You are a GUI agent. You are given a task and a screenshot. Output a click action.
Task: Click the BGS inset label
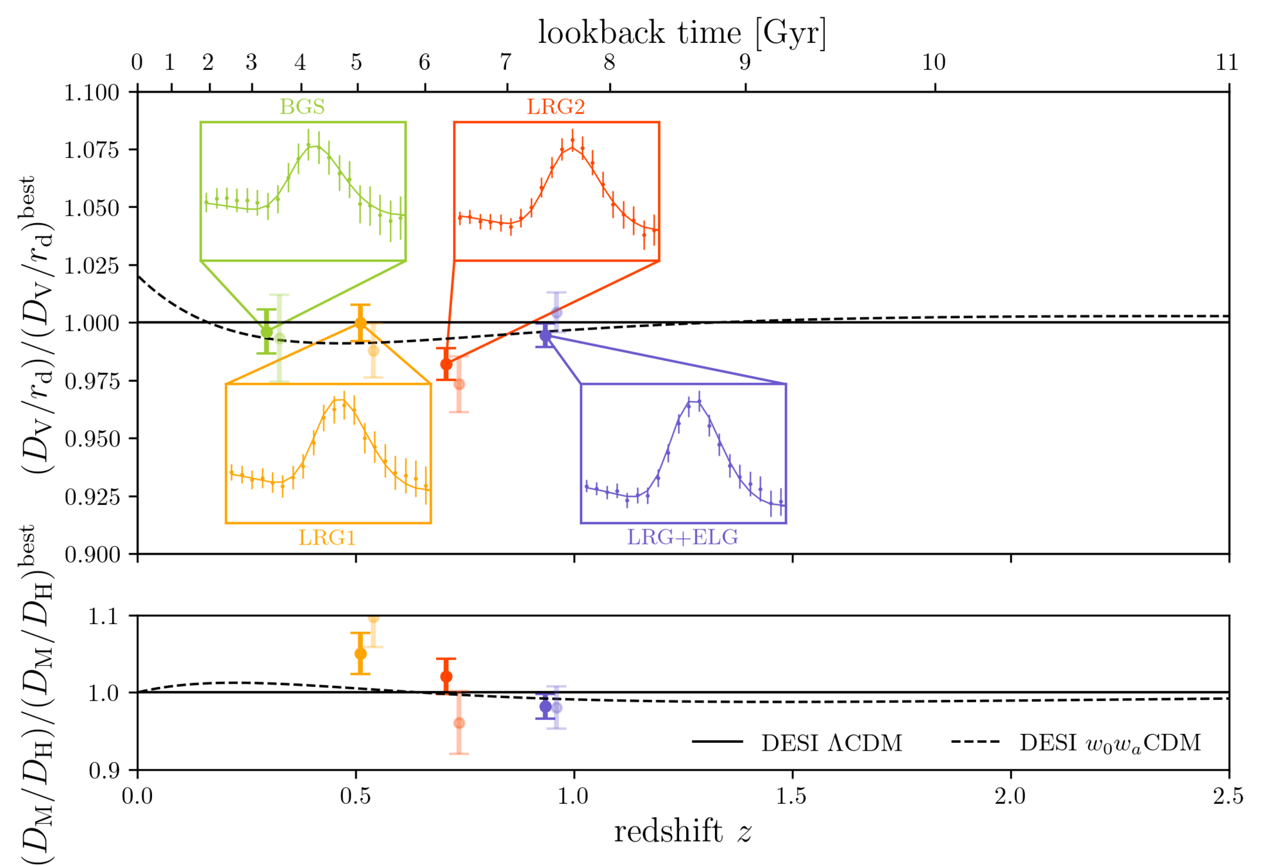(302, 106)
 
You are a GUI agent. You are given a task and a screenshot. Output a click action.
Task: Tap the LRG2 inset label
(556, 106)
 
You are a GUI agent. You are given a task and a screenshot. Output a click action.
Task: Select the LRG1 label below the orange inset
(327, 537)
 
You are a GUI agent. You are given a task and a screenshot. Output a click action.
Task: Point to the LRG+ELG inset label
(682, 537)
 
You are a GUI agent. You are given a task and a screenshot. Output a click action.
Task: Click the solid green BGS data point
(267, 332)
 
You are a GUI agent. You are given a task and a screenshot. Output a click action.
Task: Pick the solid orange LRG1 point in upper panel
(360, 323)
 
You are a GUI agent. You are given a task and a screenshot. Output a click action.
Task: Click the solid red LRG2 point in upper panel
(446, 364)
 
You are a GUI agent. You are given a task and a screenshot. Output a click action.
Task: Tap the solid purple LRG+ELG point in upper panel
(545, 335)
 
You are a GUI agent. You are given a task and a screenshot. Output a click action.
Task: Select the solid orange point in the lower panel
(360, 654)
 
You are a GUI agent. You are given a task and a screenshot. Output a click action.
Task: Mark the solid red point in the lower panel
(446, 677)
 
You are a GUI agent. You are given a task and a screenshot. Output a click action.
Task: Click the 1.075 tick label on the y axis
(92, 149)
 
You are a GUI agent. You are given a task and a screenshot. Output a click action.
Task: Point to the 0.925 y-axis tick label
(92, 497)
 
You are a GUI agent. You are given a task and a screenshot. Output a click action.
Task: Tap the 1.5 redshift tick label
(792, 796)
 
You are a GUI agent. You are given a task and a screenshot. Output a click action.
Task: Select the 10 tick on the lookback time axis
(934, 62)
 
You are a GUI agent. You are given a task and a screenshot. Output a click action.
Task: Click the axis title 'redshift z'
(682, 832)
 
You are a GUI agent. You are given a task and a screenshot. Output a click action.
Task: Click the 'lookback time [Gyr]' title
(682, 32)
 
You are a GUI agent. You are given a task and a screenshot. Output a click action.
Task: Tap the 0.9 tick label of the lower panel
(103, 770)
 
